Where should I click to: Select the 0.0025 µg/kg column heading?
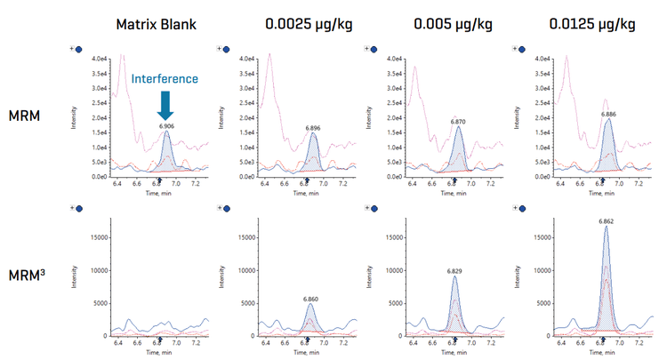tap(305, 24)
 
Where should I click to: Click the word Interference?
tap(165, 79)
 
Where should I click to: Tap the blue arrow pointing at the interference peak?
tap(166, 106)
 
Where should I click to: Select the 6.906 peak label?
tap(166, 126)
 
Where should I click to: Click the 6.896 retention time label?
tap(314, 127)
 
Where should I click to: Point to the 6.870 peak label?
tap(459, 120)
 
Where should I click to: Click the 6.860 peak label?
tap(311, 299)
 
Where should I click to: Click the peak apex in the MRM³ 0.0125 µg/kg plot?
tap(606, 227)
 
